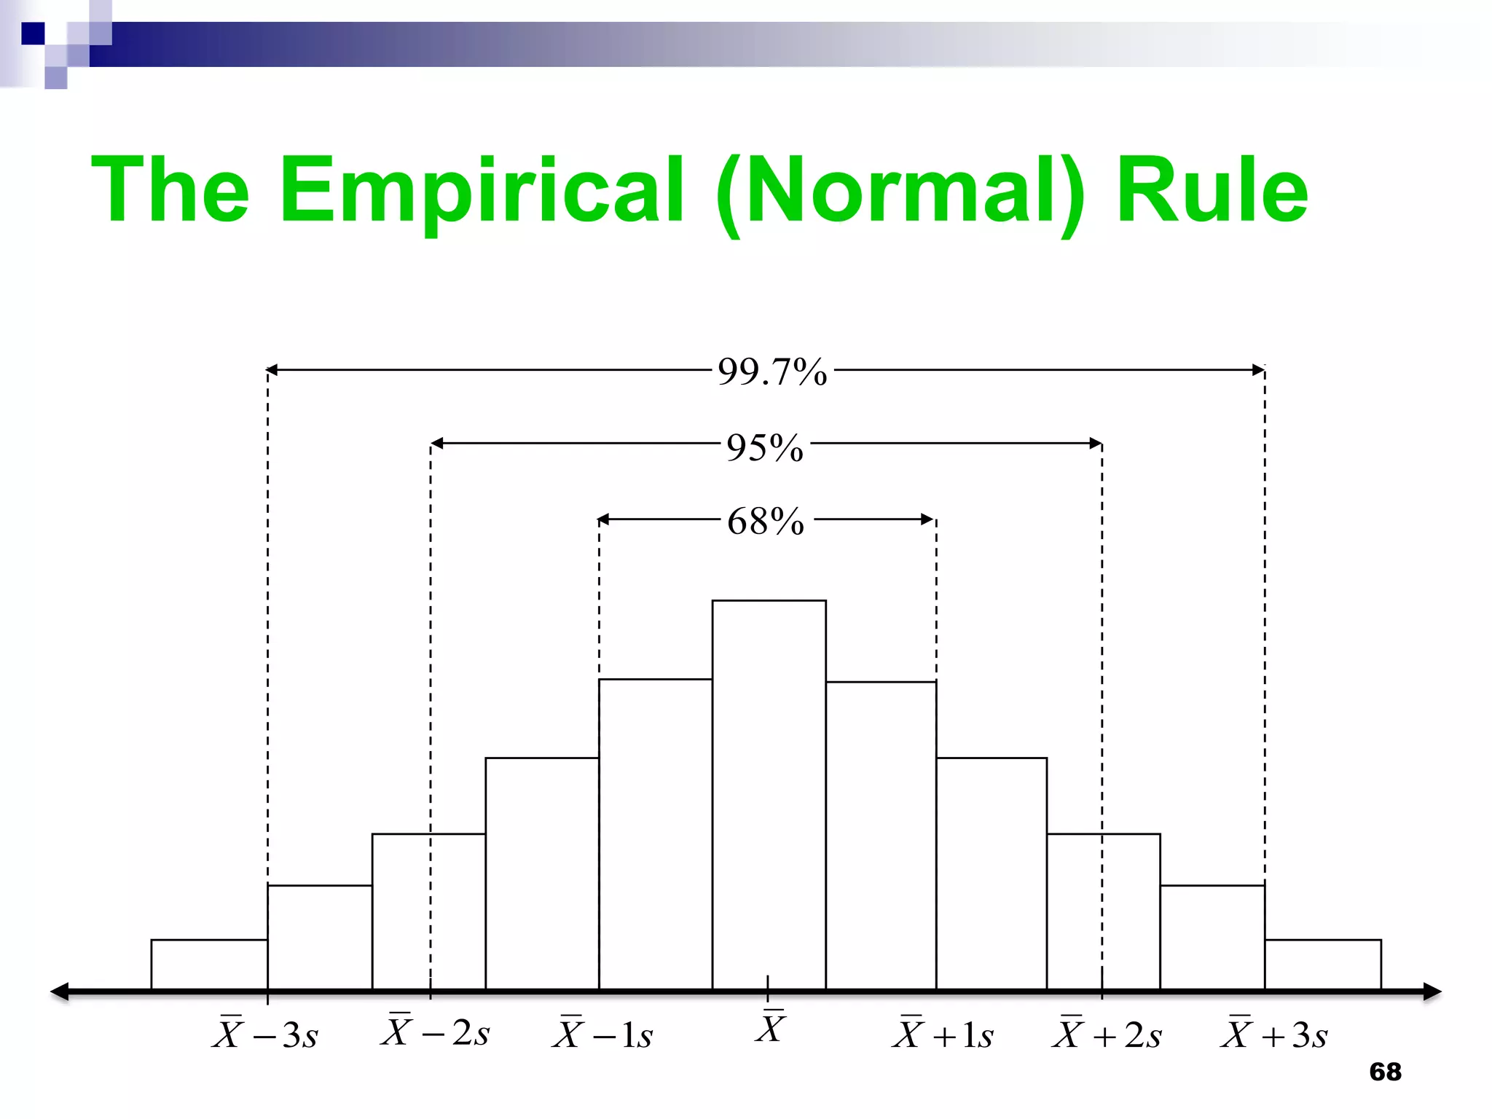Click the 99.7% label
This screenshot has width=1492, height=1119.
(x=772, y=372)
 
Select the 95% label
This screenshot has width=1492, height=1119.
(x=765, y=447)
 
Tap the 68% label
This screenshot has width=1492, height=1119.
(x=766, y=522)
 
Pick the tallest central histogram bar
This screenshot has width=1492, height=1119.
(x=769, y=794)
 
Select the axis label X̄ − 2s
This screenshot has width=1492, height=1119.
(x=435, y=1031)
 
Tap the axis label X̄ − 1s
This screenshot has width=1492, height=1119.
(x=602, y=1033)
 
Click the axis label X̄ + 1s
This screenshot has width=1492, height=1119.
(x=943, y=1033)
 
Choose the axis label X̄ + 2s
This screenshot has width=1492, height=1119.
(x=1107, y=1033)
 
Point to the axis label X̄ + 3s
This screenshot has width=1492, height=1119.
(x=1274, y=1033)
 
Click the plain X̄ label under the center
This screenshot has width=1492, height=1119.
(x=770, y=1027)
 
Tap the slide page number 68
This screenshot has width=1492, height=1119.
(x=1385, y=1072)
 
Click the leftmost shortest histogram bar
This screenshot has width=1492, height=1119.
(x=209, y=965)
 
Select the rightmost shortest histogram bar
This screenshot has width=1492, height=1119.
(x=1322, y=965)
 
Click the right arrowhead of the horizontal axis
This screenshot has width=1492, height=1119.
(x=1432, y=992)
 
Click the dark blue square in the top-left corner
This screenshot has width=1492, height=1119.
(x=33, y=34)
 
